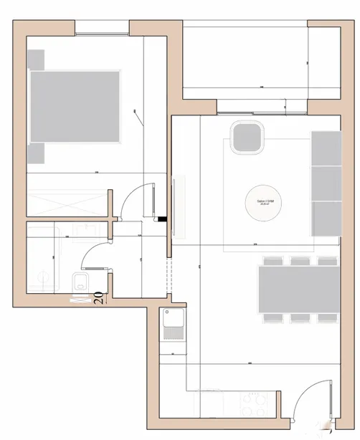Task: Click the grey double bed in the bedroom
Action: [x=74, y=105]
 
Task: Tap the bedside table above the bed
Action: [x=37, y=59]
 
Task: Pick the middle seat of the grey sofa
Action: [x=326, y=183]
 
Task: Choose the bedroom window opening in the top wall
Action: [x=102, y=27]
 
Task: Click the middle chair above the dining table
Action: [x=298, y=261]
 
